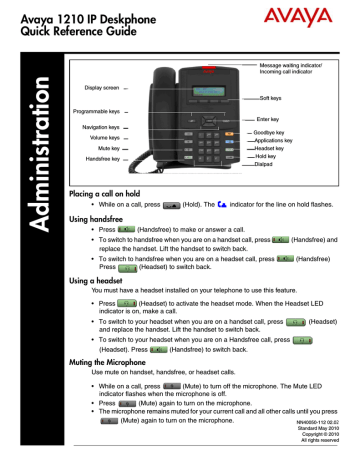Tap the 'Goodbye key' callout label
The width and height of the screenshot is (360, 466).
pyautogui.click(x=277, y=133)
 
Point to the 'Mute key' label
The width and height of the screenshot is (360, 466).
pyautogui.click(x=104, y=148)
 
